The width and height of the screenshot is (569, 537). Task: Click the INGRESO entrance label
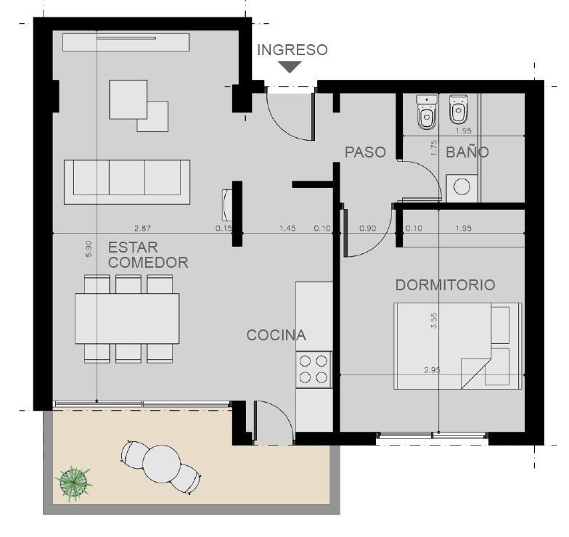[x=292, y=50]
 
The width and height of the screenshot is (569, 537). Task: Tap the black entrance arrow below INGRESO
[x=290, y=67]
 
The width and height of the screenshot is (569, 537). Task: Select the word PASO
[x=365, y=152]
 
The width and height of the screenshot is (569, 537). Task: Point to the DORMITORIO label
[x=446, y=284]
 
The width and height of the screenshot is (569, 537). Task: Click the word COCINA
[x=276, y=335]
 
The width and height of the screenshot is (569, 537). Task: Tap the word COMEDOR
[x=148, y=263]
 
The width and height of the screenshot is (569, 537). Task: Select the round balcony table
[x=161, y=463]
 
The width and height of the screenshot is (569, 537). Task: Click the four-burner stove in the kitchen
[x=314, y=369]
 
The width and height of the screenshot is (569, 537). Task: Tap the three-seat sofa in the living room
[x=127, y=181]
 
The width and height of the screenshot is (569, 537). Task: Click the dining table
[x=127, y=319]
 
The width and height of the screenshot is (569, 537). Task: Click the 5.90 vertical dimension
[x=89, y=249]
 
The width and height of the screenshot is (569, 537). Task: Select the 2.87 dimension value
[x=142, y=228]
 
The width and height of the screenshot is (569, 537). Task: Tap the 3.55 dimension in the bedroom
[x=434, y=321]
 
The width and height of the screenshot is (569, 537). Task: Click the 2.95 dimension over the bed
[x=433, y=370]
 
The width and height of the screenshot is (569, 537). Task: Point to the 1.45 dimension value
[x=287, y=228]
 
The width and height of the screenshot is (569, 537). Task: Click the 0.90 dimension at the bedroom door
[x=367, y=228]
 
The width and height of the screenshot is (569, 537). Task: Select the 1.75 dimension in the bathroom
[x=434, y=148]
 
